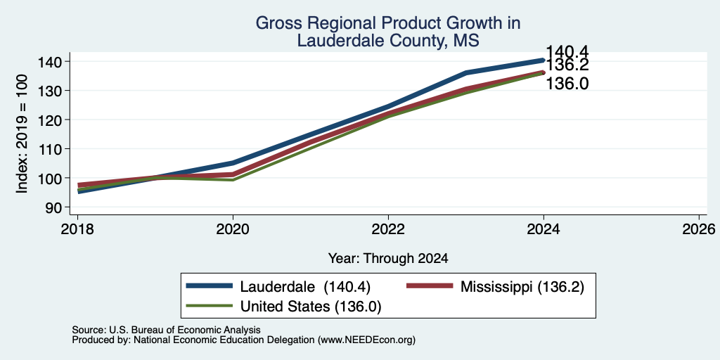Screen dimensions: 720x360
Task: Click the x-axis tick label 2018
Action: tap(77, 229)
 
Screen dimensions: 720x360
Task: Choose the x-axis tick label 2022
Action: tap(388, 229)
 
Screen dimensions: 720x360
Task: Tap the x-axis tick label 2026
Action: tap(699, 229)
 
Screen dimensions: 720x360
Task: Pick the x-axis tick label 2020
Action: tap(233, 229)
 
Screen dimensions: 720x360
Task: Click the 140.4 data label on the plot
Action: tap(567, 52)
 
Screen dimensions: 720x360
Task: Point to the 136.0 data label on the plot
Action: tap(567, 84)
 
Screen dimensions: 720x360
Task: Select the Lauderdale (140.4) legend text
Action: tap(305, 287)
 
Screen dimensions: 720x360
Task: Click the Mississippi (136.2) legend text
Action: tap(522, 287)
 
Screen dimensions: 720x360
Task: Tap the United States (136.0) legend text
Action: tap(311, 307)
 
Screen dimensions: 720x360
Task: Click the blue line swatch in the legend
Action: tap(209, 286)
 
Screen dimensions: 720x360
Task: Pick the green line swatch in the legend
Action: tap(209, 306)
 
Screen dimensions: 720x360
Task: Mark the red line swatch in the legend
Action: tap(430, 286)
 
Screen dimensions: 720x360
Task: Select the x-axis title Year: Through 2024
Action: tap(388, 259)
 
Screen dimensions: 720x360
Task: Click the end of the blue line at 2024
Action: tap(544, 60)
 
